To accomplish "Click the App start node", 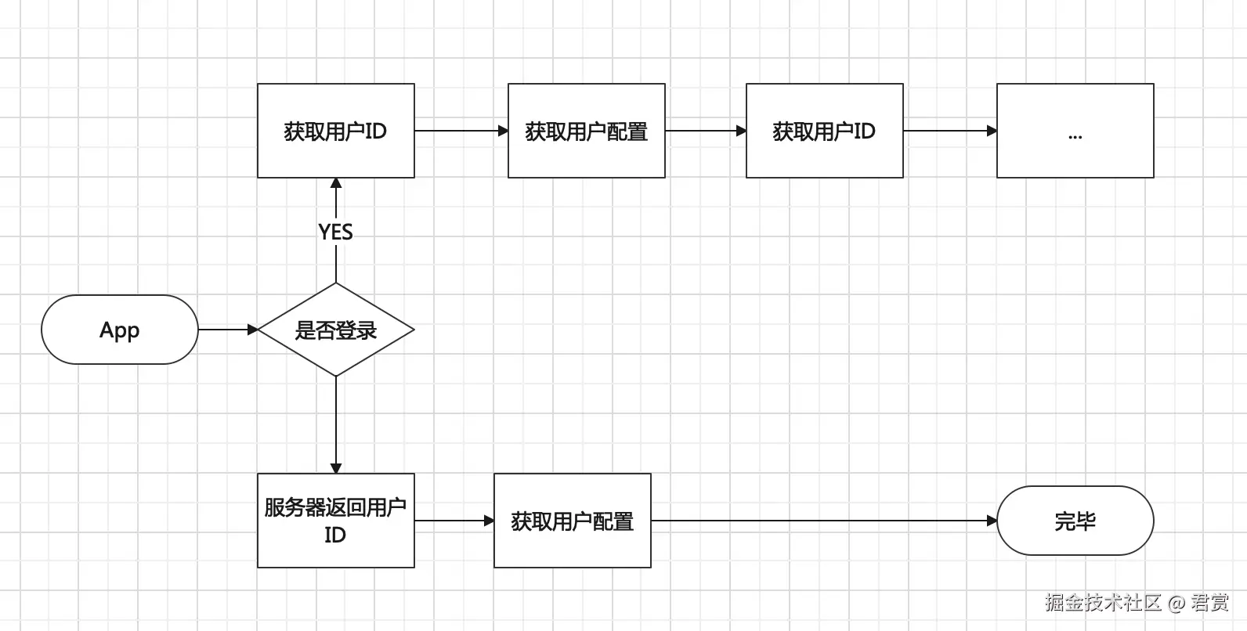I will point(119,330).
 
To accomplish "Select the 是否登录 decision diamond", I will point(335,330).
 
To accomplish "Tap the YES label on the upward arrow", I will point(335,232).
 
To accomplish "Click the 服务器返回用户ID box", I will point(335,521).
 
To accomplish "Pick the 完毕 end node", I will point(1075,521).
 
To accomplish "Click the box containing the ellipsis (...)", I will point(1075,131).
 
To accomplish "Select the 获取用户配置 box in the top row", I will point(586,131).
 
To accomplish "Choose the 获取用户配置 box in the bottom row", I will point(572,521).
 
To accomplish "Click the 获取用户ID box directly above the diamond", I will point(335,131).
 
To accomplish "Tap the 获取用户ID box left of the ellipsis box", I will point(824,131).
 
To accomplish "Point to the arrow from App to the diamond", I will point(227,330).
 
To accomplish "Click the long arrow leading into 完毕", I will point(822,521).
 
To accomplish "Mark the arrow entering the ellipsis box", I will point(949,131).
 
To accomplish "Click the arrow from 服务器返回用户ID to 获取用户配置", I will point(454,521).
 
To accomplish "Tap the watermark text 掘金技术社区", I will point(1103,602).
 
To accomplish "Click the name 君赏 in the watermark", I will point(1209,602).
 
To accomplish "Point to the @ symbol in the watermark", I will point(1177,603).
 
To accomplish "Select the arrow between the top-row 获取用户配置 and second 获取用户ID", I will point(705,131).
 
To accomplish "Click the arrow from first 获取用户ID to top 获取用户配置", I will point(461,131).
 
